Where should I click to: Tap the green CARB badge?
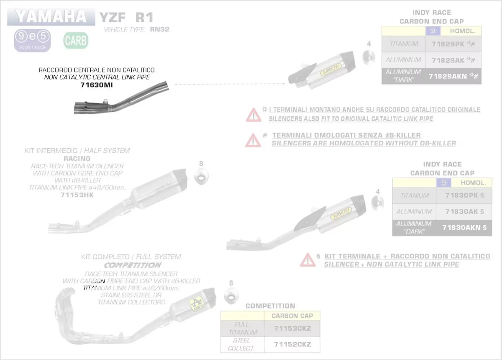[x=76, y=41]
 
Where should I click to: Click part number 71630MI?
[x=97, y=85]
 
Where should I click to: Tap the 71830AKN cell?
[x=464, y=228]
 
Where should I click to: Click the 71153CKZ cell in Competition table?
[x=292, y=329]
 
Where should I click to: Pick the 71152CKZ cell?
[x=292, y=345]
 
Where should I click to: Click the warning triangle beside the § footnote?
[x=307, y=260]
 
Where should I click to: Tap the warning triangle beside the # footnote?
[x=253, y=139]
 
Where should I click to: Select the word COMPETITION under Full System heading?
[x=132, y=265]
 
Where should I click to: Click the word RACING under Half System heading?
[x=77, y=159]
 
